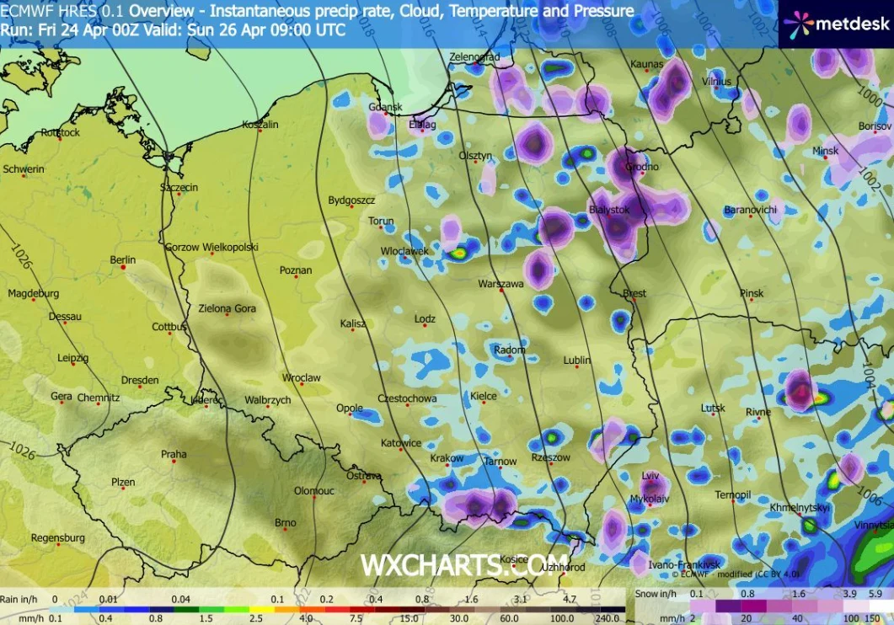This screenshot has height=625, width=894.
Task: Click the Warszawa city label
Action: [x=501, y=284]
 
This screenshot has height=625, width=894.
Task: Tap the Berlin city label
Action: [x=123, y=260]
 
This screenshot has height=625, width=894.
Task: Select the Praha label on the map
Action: [x=174, y=455]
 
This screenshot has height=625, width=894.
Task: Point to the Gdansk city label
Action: [x=386, y=107]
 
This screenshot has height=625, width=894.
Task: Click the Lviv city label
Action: [x=650, y=476]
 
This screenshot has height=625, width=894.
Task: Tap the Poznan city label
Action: [x=297, y=270]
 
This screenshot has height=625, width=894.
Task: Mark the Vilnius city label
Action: [x=717, y=82]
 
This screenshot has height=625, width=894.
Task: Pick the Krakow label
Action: [x=447, y=458]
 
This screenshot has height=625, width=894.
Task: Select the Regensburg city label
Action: [x=58, y=537]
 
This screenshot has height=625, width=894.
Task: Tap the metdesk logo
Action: [x=835, y=24]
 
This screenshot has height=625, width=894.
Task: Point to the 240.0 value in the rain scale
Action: [x=608, y=617]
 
